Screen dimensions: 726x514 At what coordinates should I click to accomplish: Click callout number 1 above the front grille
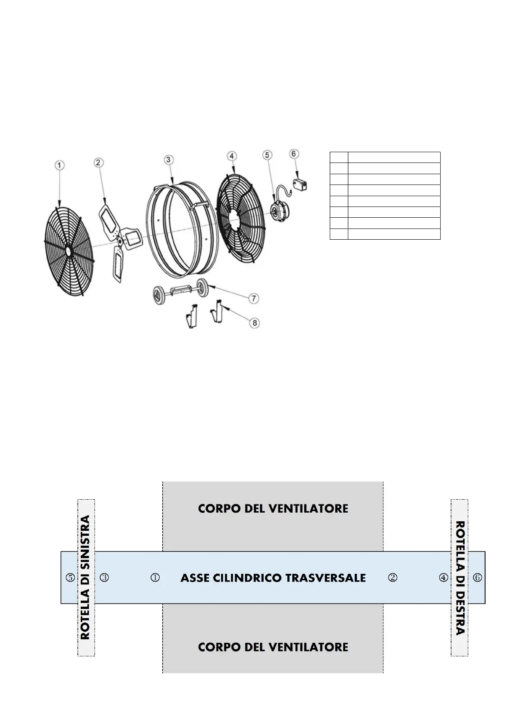(60, 165)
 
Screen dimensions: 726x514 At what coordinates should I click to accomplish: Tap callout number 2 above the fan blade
(98, 162)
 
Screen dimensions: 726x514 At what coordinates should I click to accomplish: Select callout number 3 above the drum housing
(168, 160)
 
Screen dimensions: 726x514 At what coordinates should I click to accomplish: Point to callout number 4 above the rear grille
(232, 156)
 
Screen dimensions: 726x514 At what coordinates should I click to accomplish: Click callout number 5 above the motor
(268, 154)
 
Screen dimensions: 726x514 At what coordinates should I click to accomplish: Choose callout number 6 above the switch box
(294, 153)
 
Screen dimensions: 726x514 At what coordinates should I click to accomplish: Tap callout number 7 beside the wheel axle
(254, 298)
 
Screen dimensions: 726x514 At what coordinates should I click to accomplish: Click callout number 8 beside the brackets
(255, 322)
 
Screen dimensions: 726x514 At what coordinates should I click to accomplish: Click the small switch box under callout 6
(300, 185)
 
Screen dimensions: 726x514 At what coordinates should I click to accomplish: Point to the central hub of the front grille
(68, 250)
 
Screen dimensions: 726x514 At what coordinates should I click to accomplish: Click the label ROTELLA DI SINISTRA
(85, 577)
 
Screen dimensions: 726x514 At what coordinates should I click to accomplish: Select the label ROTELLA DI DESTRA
(460, 577)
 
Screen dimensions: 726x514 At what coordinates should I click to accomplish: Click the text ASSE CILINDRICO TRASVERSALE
(273, 578)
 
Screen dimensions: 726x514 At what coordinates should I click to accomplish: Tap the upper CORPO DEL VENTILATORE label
(273, 509)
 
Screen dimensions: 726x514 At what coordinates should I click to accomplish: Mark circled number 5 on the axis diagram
(70, 578)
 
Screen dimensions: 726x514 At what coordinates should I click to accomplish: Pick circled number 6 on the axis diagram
(477, 578)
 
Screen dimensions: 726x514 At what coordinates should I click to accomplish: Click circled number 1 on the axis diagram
(155, 578)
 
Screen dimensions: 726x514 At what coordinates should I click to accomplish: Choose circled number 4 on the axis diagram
(443, 578)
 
